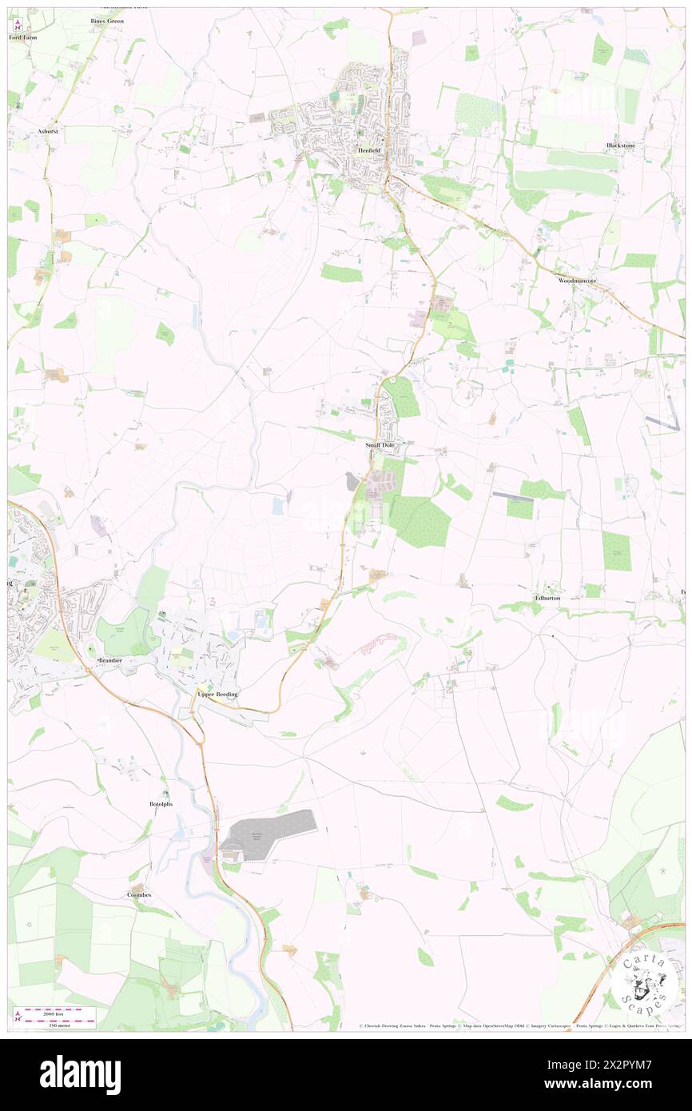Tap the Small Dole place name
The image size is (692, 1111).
(x=380, y=444)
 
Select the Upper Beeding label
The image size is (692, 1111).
(x=217, y=695)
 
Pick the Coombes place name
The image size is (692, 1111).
(x=139, y=894)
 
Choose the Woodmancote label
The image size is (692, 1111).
(x=578, y=281)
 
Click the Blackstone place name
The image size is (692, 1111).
(x=621, y=145)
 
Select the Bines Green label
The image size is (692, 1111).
(x=106, y=21)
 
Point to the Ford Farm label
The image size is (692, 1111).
(x=23, y=38)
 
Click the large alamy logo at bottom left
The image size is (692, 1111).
(x=80, y=1075)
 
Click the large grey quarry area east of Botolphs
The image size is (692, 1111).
(x=268, y=834)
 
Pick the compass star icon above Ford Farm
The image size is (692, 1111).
(x=15, y=24)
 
